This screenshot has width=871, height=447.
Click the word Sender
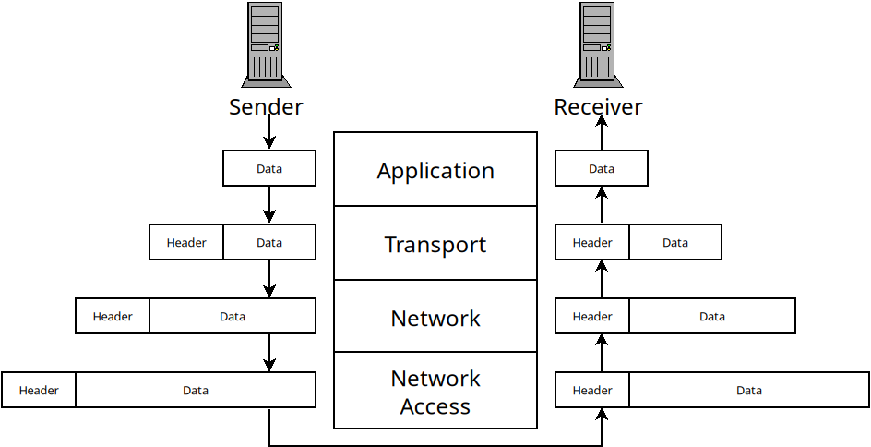(x=266, y=107)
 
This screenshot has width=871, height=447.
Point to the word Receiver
(x=598, y=107)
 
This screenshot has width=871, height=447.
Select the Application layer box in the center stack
(x=435, y=170)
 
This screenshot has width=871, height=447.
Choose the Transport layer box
(x=435, y=244)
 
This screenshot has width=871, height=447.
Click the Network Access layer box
(x=435, y=392)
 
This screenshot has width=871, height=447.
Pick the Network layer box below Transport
(x=435, y=318)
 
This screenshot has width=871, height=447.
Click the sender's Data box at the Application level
(x=269, y=168)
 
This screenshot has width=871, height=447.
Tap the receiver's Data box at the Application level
(x=602, y=168)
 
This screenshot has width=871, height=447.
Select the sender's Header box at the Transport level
(x=186, y=242)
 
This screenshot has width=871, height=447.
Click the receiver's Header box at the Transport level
(x=592, y=242)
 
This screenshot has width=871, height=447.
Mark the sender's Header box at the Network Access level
(x=39, y=390)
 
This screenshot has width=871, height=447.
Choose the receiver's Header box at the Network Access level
(x=592, y=390)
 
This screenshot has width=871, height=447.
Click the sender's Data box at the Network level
(x=233, y=316)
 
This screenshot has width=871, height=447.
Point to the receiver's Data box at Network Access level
(x=749, y=390)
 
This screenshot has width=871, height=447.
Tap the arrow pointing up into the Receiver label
(x=602, y=135)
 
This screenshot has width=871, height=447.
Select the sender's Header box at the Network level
(x=113, y=316)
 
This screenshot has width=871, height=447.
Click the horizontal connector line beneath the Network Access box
(x=435, y=445)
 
